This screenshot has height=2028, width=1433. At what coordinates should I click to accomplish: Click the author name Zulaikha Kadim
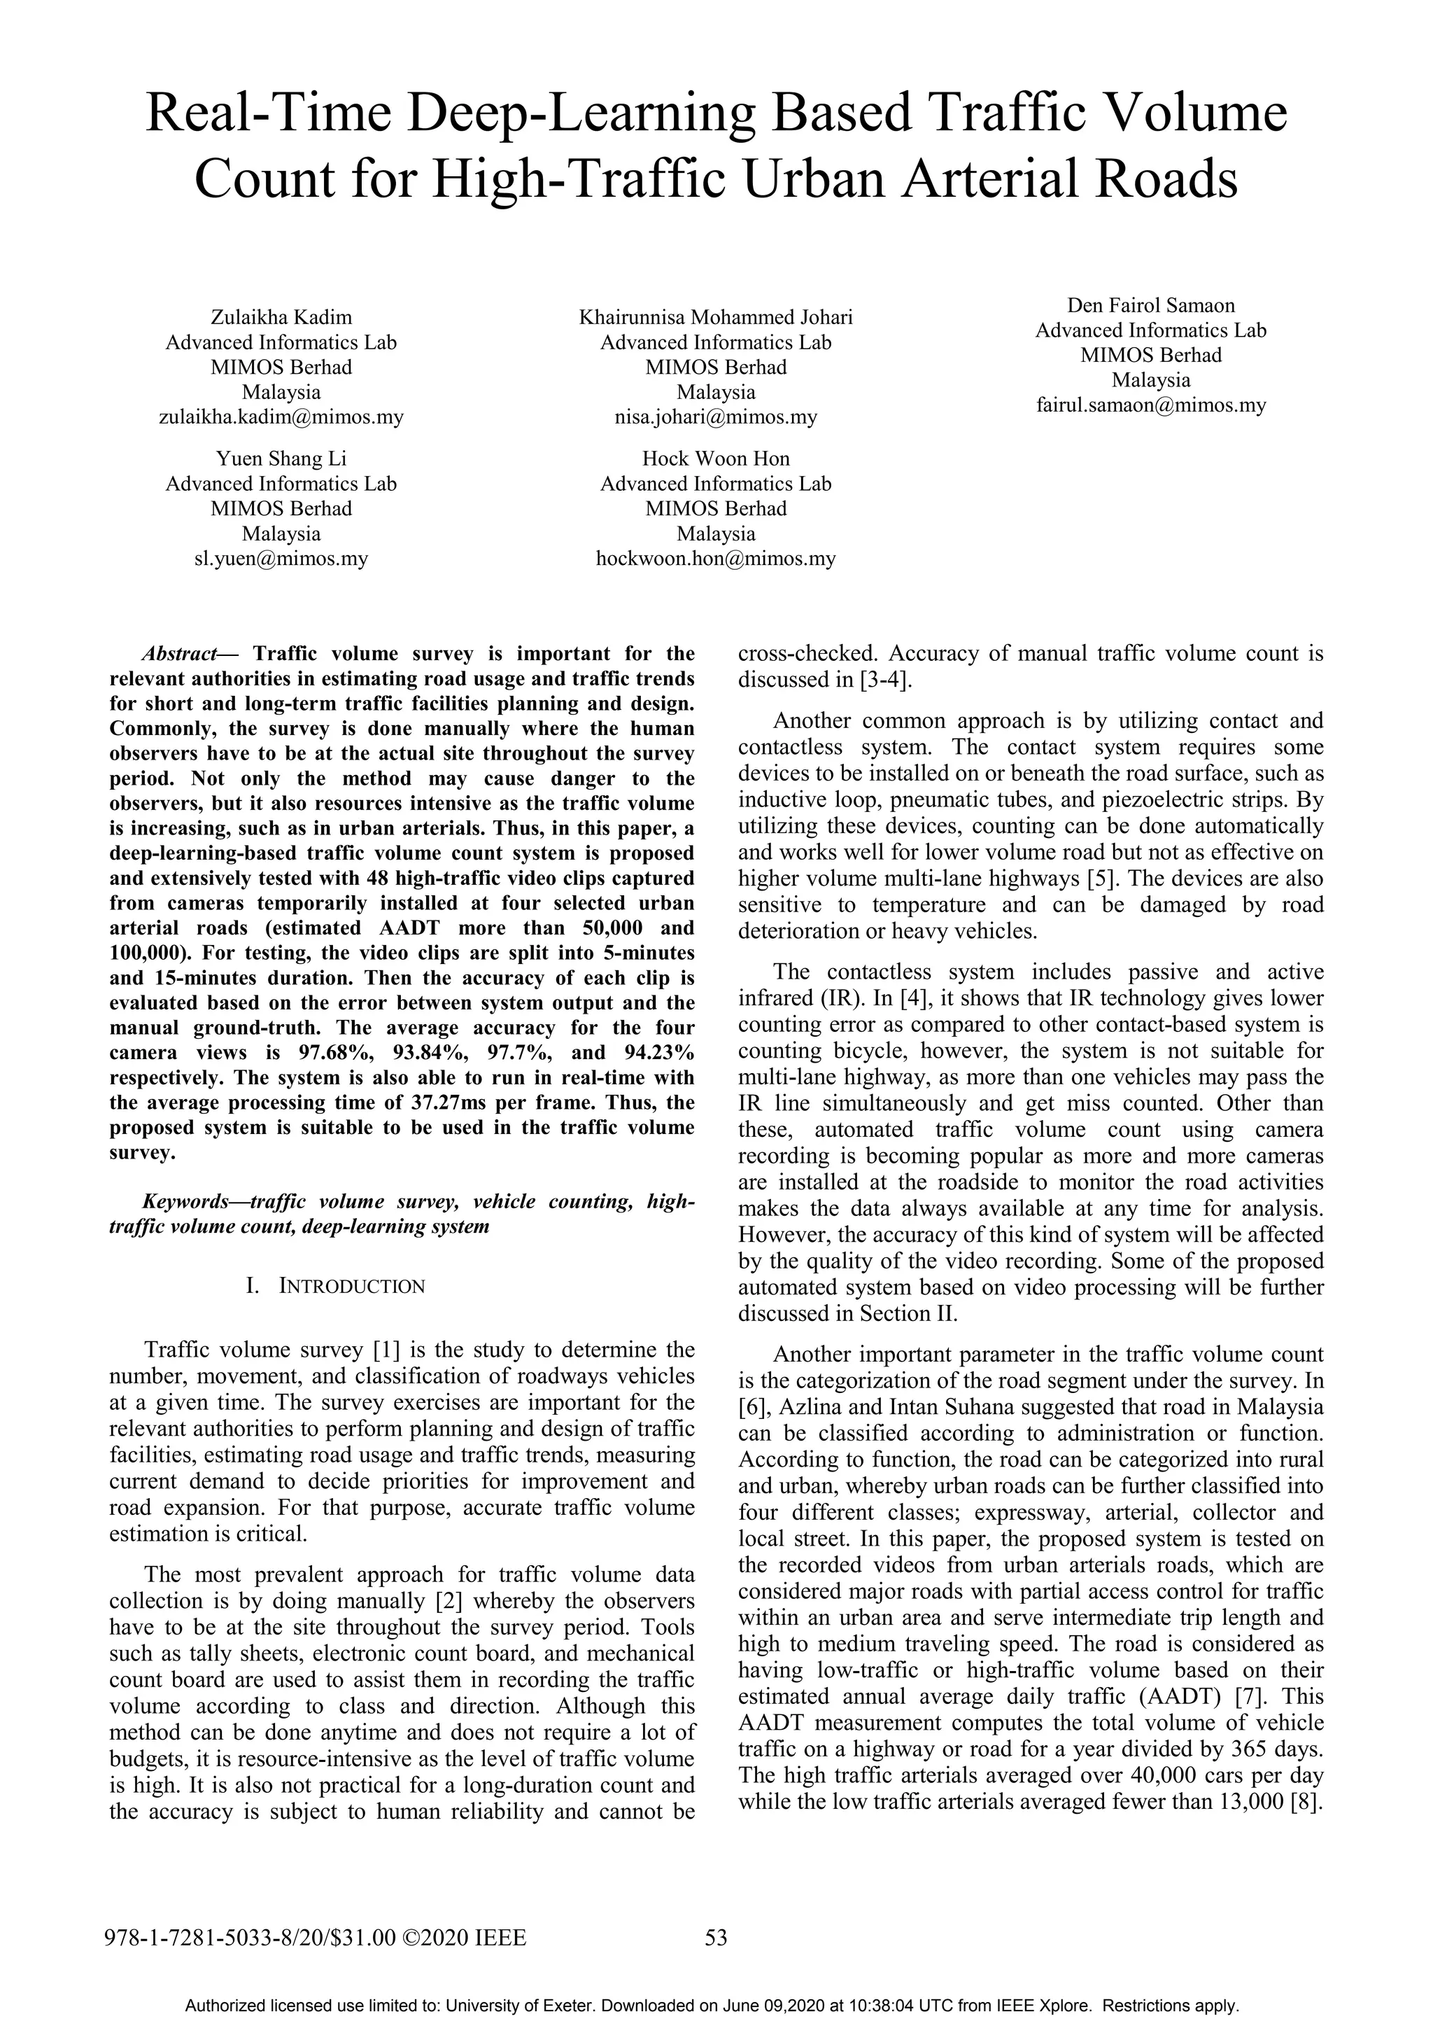pyautogui.click(x=281, y=317)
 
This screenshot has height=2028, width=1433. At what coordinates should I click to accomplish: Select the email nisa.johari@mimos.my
pyautogui.click(x=715, y=417)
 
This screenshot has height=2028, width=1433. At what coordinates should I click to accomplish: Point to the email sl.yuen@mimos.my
pyautogui.click(x=281, y=558)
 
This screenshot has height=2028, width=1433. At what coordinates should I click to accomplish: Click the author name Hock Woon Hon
pyautogui.click(x=715, y=459)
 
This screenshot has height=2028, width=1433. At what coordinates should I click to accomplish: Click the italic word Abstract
pyautogui.click(x=178, y=654)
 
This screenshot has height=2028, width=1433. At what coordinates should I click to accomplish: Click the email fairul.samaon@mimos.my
pyautogui.click(x=1150, y=405)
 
